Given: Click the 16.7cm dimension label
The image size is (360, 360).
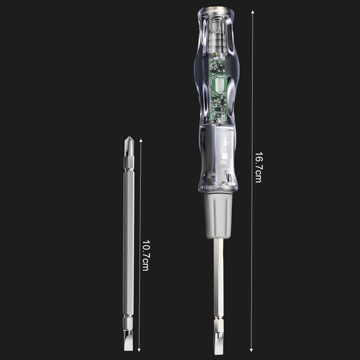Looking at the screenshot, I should pos(258,167).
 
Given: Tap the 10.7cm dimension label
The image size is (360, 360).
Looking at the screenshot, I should pos(145,256).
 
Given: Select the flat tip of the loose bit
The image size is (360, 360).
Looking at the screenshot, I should pos(129,342).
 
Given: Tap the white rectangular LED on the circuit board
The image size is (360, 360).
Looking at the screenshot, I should pos(219,85).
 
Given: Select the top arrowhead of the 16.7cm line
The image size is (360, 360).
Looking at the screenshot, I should pos(252,12).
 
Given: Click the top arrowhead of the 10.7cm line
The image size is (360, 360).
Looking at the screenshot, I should pos(140,141).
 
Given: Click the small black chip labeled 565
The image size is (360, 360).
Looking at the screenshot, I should pos(219,115).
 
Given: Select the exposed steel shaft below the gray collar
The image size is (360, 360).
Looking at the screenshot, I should pos(219,277).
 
